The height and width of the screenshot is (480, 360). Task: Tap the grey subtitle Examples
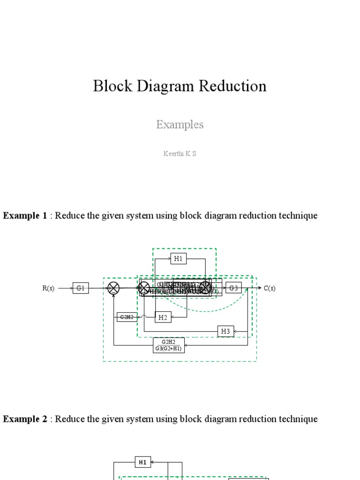tap(180, 125)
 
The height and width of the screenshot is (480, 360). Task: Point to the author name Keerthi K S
tap(180, 153)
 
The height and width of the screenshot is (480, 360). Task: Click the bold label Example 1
tap(25, 216)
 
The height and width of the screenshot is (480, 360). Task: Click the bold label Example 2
tap(25, 419)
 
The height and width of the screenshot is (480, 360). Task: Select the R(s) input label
tap(48, 288)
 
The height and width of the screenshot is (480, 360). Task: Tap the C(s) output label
tap(270, 288)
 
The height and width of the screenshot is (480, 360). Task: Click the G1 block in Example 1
tap(81, 288)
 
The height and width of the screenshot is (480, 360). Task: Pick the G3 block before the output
tap(233, 288)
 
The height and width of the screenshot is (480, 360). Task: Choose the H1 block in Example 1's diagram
tap(178, 258)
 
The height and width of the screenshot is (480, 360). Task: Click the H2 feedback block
tap(163, 317)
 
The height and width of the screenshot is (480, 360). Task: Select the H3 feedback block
tap(225, 331)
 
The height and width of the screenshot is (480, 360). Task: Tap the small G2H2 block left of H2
tap(126, 317)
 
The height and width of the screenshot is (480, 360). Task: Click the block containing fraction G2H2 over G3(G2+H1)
tap(169, 345)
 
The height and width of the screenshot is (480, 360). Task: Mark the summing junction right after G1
tap(113, 288)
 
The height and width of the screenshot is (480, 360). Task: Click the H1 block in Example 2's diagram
tap(143, 462)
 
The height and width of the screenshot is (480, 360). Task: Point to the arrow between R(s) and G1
tap(65, 288)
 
